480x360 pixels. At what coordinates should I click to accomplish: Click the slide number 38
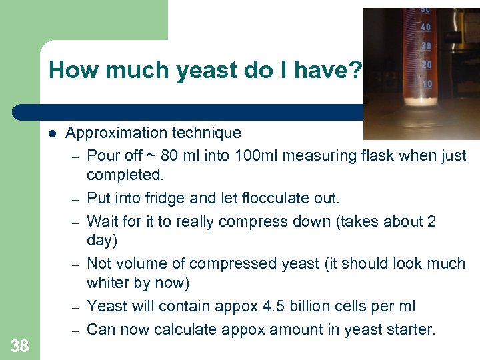tap(20, 345)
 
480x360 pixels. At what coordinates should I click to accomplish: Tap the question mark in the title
tap(355, 70)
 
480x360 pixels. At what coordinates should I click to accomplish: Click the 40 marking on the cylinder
tap(425, 27)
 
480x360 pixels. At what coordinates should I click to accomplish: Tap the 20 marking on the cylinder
tap(427, 65)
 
